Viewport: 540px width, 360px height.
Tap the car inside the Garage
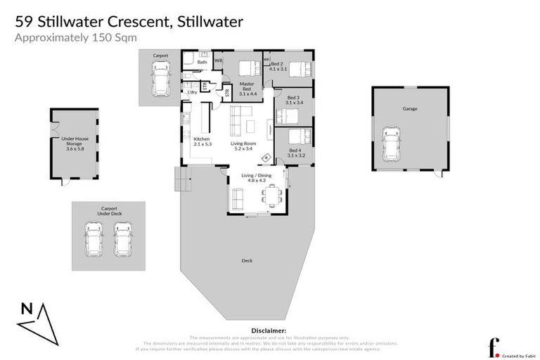coord(391,144)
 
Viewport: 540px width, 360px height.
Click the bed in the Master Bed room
coord(249,68)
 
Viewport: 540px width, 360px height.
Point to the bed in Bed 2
coord(298,69)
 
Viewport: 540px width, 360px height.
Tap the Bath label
coord(202,63)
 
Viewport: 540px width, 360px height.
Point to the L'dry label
coord(191,92)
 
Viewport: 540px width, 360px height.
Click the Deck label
coord(247,261)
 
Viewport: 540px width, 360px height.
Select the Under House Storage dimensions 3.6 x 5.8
coord(73,149)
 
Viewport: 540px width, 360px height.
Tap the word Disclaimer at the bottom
coord(268,330)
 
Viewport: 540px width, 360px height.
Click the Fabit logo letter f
coord(494,347)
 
